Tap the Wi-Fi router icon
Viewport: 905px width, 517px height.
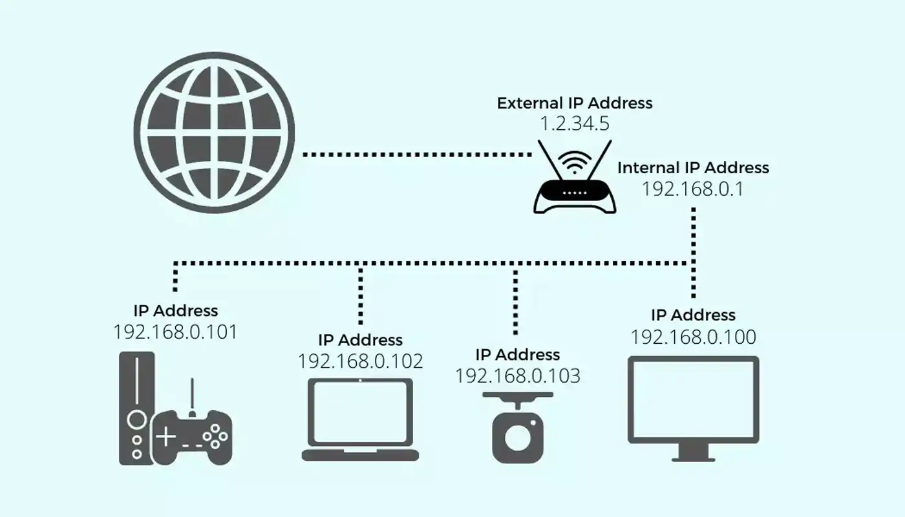[x=575, y=194]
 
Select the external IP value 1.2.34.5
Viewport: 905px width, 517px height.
[x=575, y=123]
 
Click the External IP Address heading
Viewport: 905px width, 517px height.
[x=575, y=103]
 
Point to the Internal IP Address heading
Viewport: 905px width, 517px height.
[x=693, y=168]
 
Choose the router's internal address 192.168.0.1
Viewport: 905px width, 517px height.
[x=693, y=189]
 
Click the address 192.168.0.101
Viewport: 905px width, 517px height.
[x=175, y=332]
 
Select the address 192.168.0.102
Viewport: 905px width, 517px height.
[x=360, y=361]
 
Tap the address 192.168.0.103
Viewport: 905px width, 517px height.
[x=518, y=375]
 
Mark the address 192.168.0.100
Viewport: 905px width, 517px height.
[x=693, y=337]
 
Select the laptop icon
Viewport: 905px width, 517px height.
[x=360, y=420]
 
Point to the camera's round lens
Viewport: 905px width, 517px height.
[x=517, y=438]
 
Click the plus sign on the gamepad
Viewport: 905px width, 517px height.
[x=166, y=437]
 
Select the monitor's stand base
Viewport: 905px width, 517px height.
[x=693, y=458]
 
